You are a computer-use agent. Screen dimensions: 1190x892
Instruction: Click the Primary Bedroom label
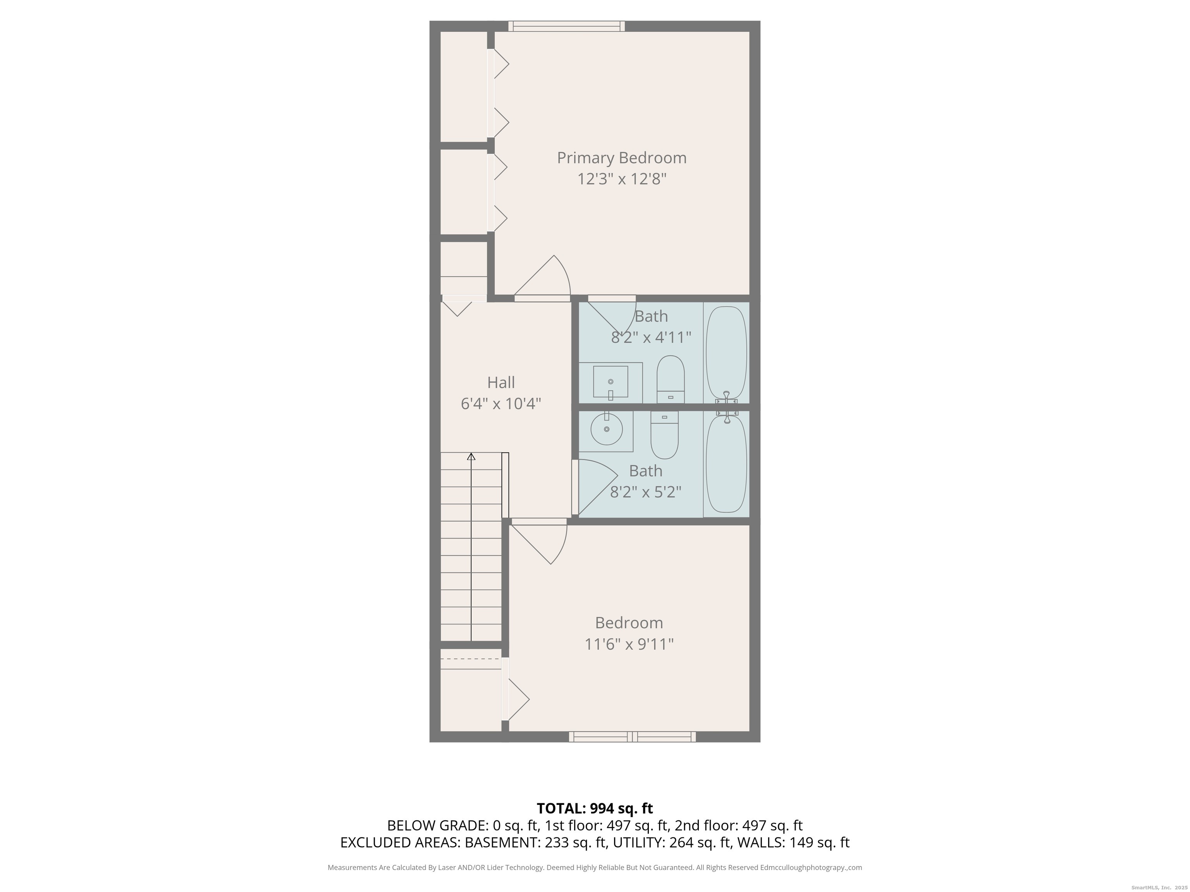[x=621, y=158]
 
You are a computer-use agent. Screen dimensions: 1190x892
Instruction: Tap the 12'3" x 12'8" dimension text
[x=621, y=178]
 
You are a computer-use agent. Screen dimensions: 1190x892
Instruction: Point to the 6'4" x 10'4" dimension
[x=501, y=403]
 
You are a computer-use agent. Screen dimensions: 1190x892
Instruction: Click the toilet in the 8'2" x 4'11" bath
[x=670, y=379]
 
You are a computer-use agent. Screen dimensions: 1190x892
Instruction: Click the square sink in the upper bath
[x=610, y=382]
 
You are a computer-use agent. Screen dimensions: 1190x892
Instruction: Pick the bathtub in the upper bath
[x=726, y=352]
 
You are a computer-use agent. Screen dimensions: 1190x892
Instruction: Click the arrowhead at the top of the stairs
[x=471, y=456]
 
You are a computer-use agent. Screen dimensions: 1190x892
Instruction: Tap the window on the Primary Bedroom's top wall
[x=566, y=26]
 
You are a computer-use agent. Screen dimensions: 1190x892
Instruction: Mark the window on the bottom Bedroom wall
[x=632, y=737]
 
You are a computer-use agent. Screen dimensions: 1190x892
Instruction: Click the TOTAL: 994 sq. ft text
[x=595, y=808]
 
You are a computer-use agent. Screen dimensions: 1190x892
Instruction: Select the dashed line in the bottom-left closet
[x=470, y=659]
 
